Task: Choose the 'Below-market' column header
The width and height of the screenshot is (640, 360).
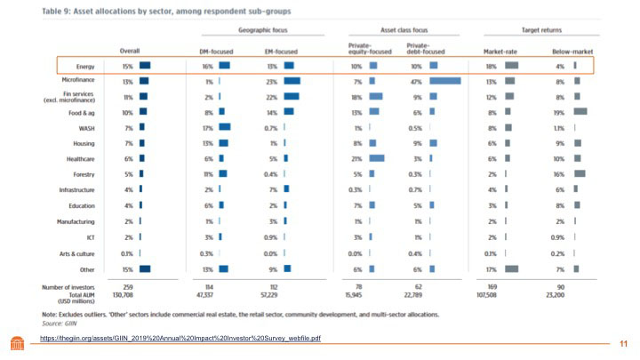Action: [566, 50]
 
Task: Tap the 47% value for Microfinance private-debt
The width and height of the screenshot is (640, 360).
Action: [415, 80]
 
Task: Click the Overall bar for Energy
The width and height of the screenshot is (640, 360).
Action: [145, 65]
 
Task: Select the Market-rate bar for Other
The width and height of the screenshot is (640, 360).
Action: [512, 268]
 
